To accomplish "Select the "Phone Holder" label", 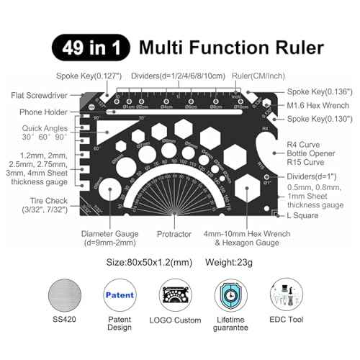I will click(42, 112).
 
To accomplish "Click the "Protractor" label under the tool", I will click(174, 234).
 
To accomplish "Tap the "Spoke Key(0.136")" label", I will click(310, 91).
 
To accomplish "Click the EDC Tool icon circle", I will click(292, 297).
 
